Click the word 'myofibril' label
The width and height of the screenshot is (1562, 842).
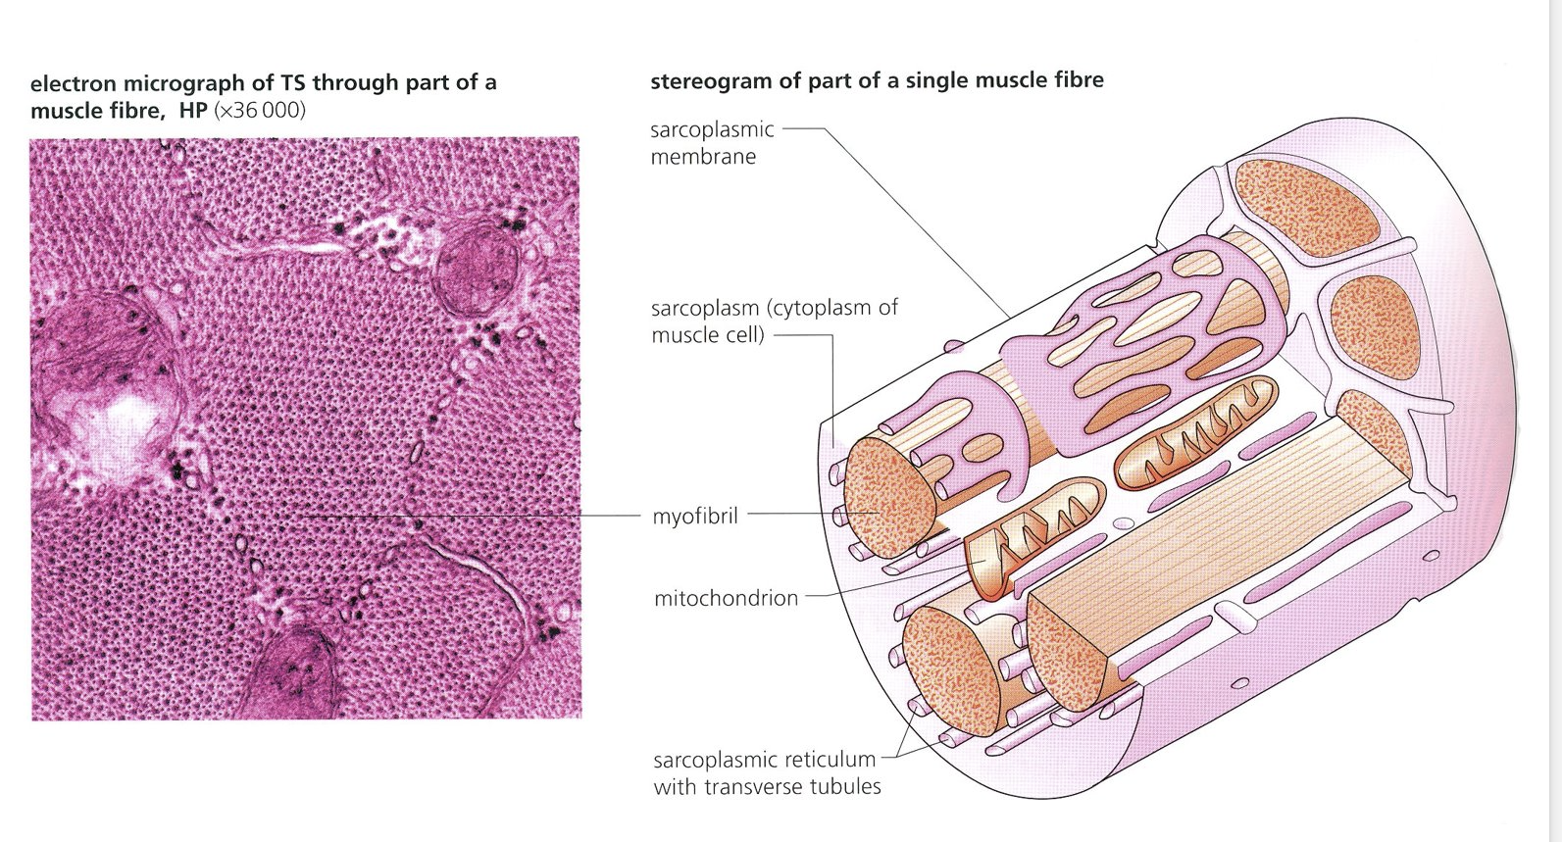point(695,516)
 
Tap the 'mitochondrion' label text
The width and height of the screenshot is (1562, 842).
point(726,598)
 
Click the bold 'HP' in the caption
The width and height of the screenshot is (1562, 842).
point(192,110)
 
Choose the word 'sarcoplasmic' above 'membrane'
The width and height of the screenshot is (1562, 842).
point(712,129)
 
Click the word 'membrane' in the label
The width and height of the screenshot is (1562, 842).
point(703,156)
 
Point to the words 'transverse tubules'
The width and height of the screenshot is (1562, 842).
point(794,786)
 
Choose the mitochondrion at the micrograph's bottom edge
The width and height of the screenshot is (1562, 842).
point(294,676)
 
